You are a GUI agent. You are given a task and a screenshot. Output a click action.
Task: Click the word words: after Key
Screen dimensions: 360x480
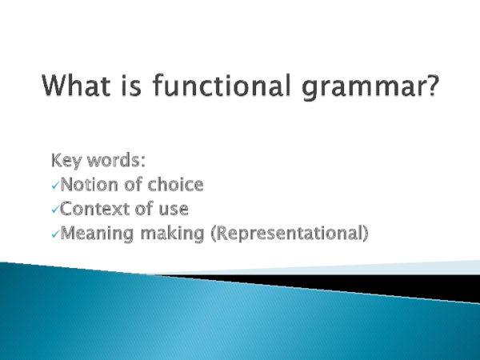(x=117, y=161)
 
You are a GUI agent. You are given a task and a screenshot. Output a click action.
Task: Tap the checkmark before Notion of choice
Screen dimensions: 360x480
(x=54, y=186)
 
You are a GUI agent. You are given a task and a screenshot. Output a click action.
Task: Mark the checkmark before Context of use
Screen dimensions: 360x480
(x=54, y=210)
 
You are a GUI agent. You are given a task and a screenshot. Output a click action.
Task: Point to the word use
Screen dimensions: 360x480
(x=173, y=211)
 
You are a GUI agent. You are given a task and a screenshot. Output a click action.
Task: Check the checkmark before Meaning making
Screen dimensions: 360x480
(x=54, y=234)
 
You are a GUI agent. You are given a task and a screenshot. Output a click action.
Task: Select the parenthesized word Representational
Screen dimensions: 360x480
(x=284, y=234)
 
